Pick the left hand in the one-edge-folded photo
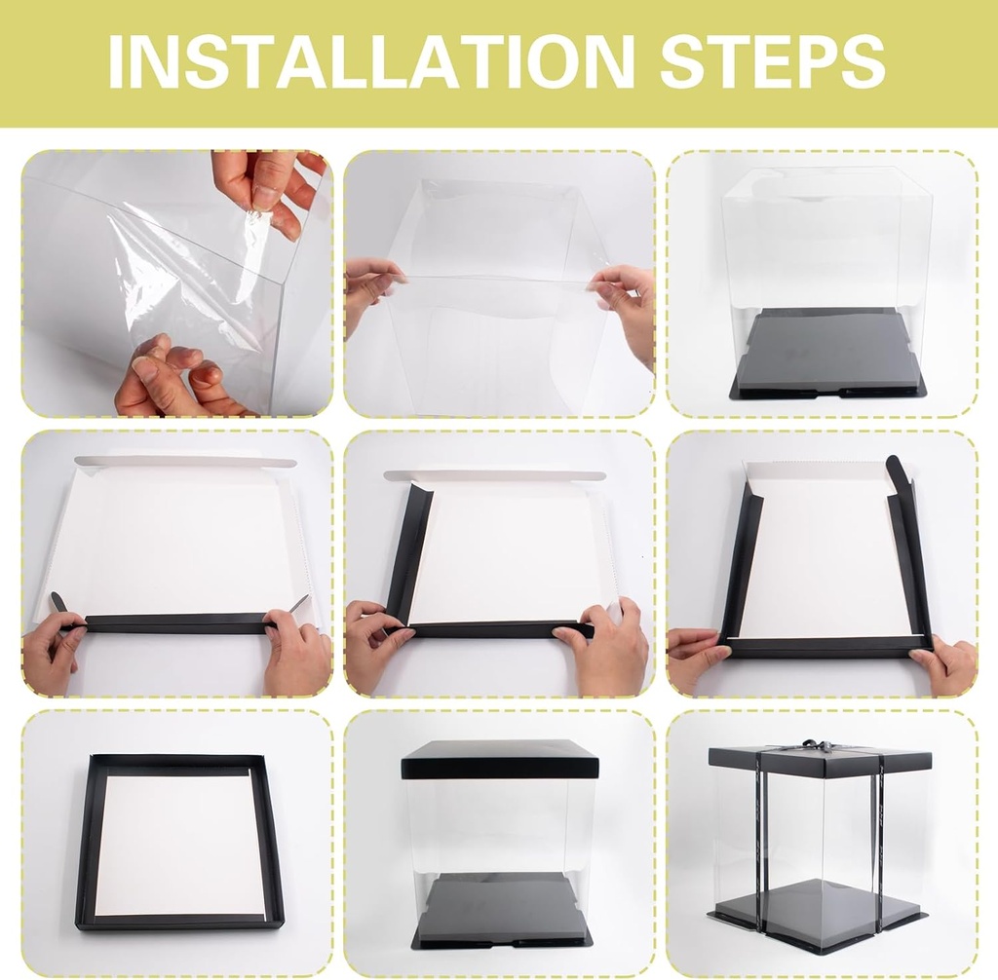(x=54, y=653)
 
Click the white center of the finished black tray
(x=180, y=843)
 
